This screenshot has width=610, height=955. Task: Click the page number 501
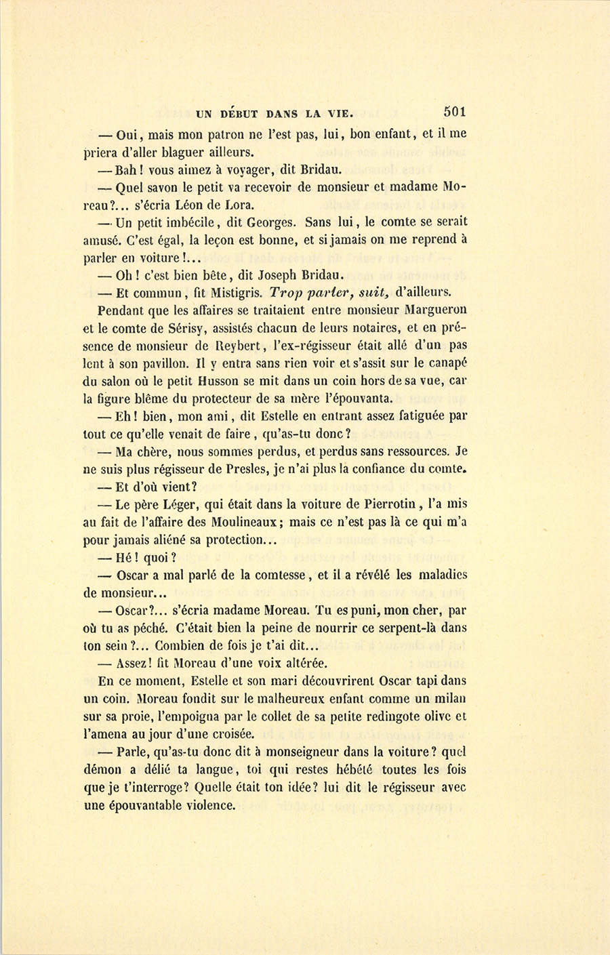point(455,112)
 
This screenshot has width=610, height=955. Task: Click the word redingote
point(382,716)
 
